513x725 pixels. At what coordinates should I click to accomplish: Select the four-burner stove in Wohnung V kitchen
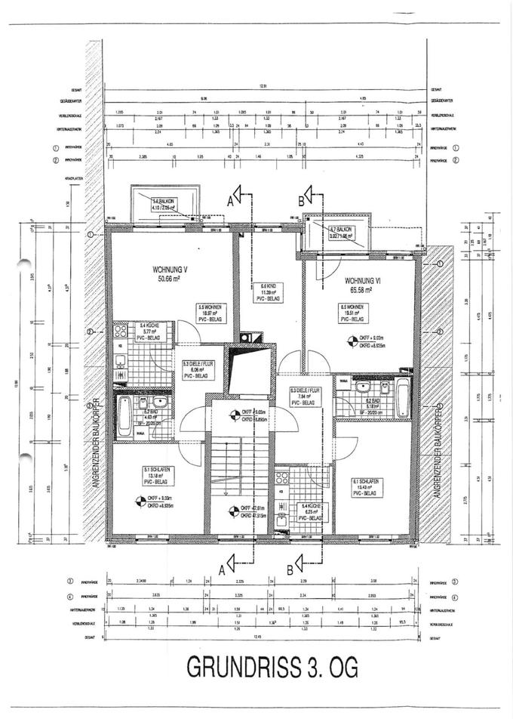[x=122, y=333]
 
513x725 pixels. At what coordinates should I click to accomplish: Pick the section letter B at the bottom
[x=290, y=565]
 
